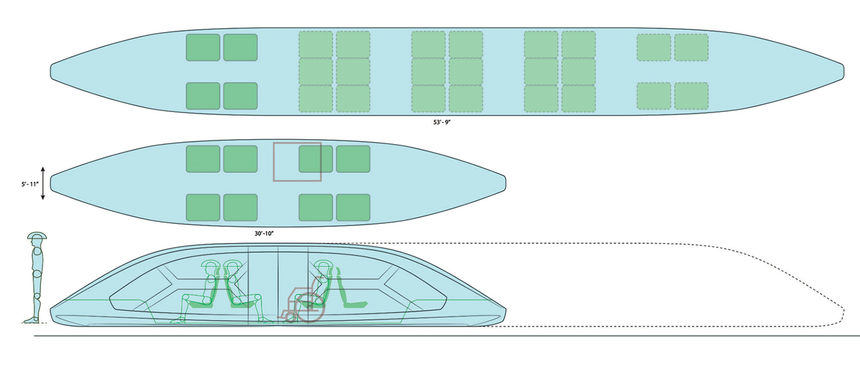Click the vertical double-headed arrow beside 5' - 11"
[43, 183]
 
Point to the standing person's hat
[37, 236]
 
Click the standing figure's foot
[29, 319]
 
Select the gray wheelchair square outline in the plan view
[297, 162]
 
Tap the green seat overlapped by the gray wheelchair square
[316, 159]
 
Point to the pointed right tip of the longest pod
[845, 71]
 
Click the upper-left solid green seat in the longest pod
[203, 47]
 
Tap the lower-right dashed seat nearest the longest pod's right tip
[691, 95]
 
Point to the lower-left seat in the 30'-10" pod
[203, 207]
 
